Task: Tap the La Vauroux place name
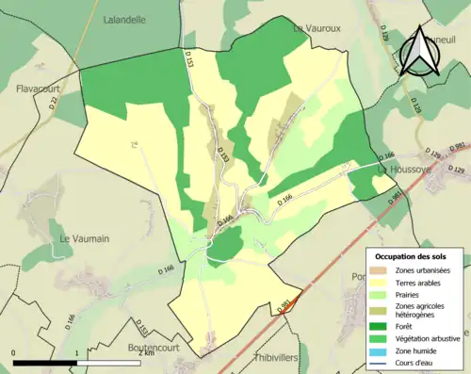point(315,28)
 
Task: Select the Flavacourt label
point(38,89)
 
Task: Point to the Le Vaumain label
point(79,238)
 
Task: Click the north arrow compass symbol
point(419,52)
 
